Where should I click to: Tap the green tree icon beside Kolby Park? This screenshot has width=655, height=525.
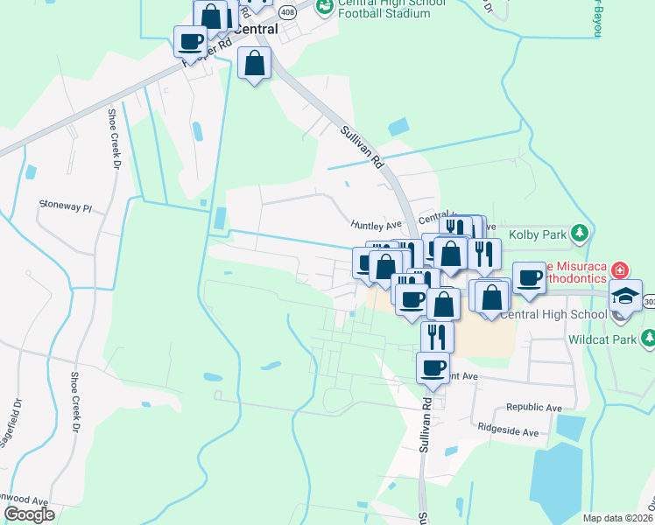click(x=578, y=233)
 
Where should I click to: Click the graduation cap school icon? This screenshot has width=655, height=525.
click(x=626, y=295)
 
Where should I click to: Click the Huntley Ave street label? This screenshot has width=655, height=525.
click(x=376, y=225)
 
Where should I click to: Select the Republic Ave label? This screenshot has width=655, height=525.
click(x=534, y=408)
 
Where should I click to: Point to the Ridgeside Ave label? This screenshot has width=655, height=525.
click(x=509, y=431)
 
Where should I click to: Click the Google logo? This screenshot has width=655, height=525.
click(x=29, y=514)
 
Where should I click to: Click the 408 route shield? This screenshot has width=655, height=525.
click(x=288, y=12)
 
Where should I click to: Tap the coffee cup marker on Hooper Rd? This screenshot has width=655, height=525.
click(x=190, y=40)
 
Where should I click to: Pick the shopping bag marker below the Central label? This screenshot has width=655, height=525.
click(x=254, y=63)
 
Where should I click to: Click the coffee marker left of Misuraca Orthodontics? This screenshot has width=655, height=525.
click(x=528, y=277)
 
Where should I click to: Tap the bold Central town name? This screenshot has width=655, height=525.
click(x=254, y=29)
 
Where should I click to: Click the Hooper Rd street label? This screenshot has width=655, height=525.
click(x=208, y=51)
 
